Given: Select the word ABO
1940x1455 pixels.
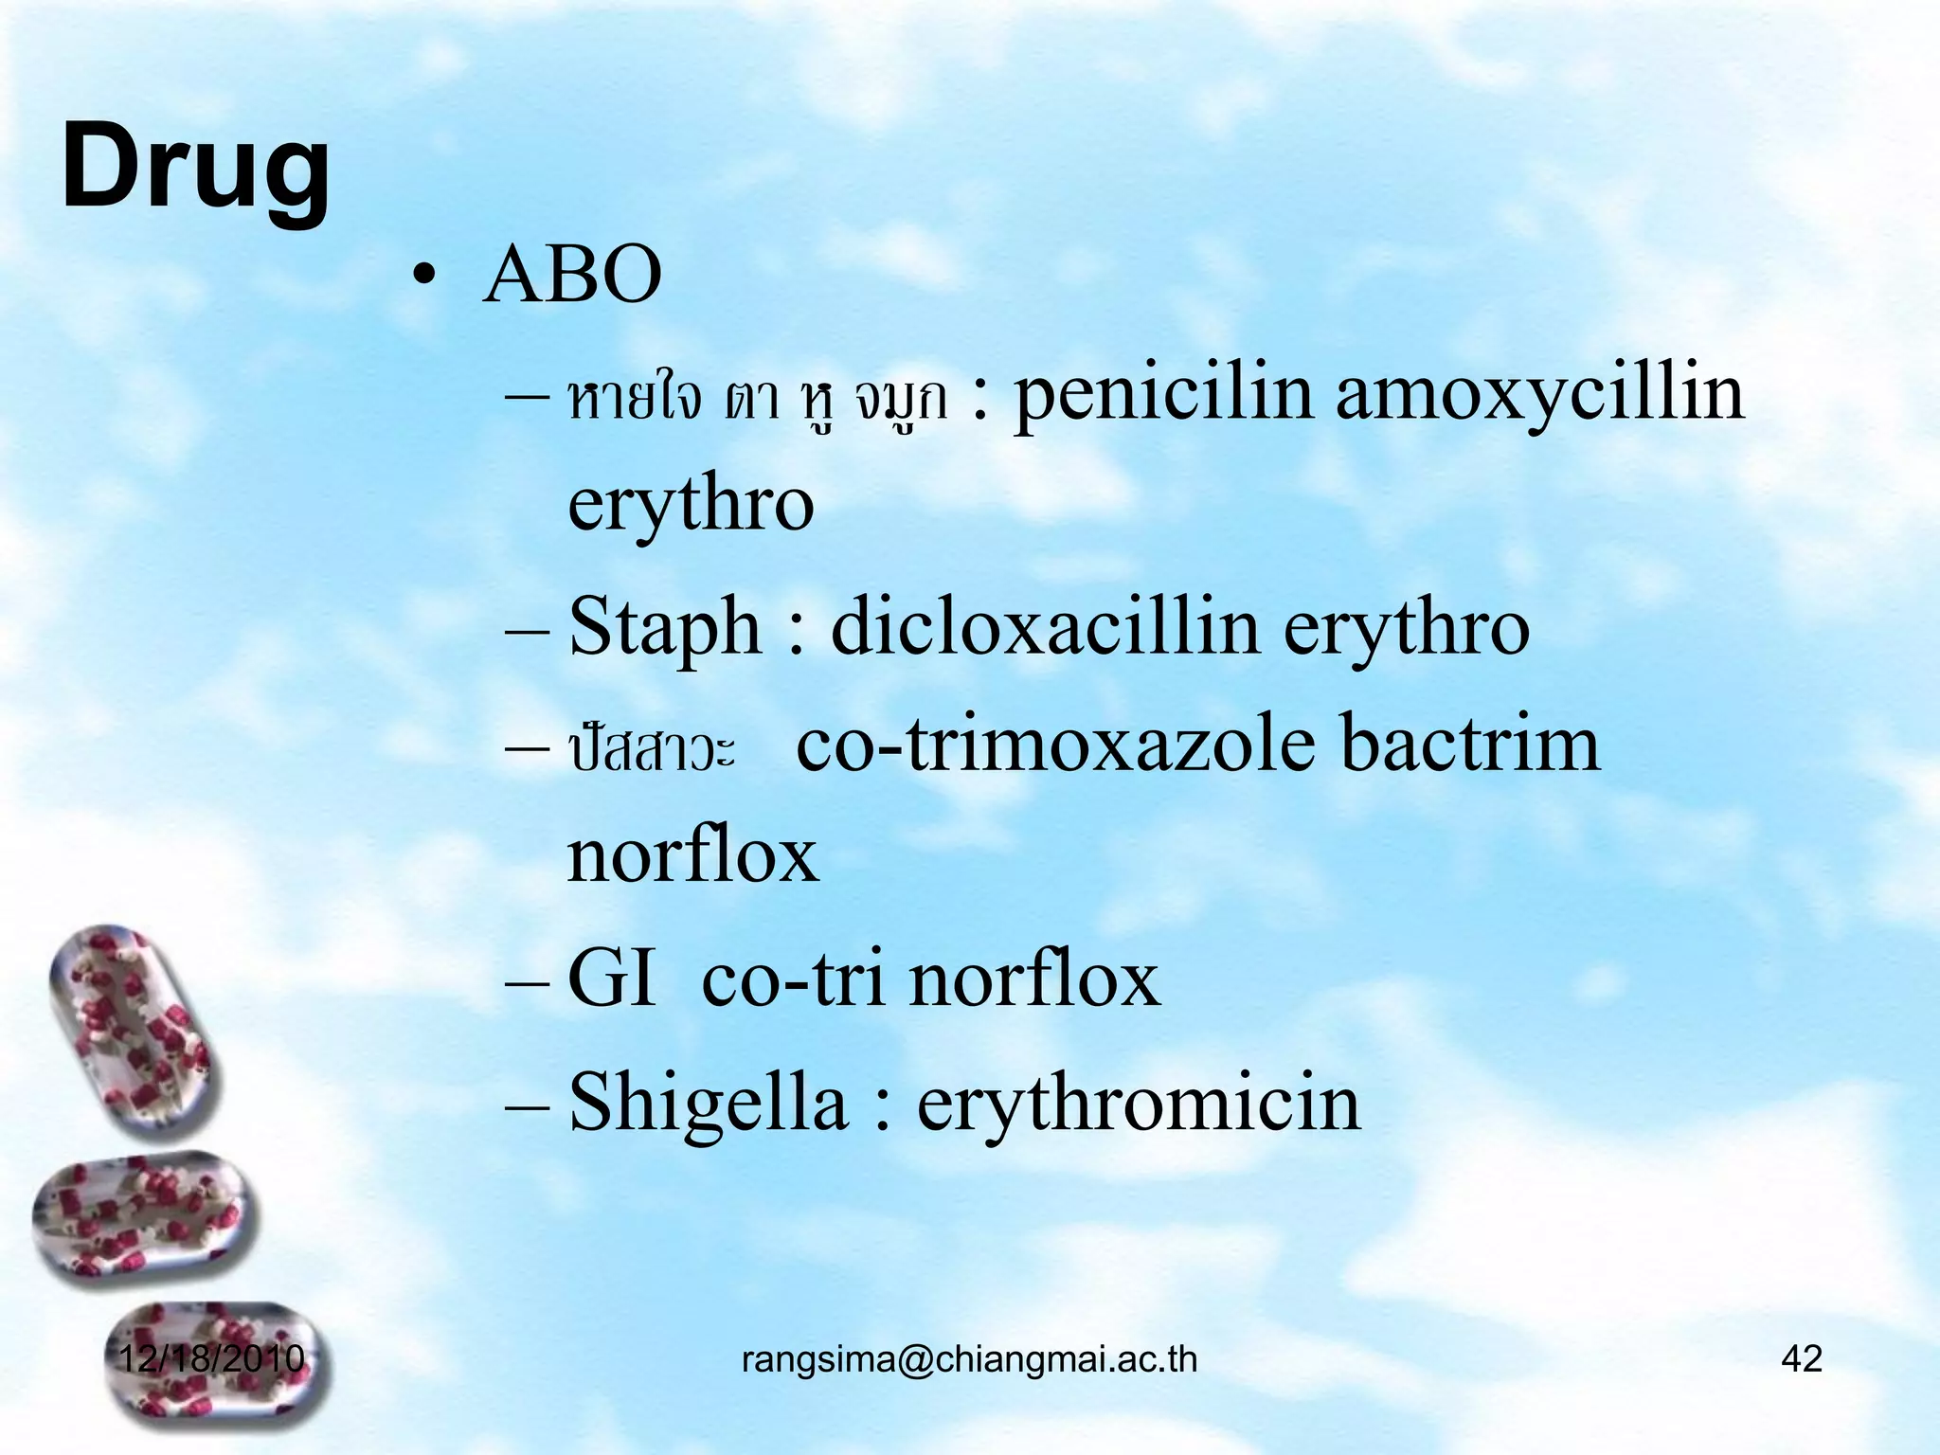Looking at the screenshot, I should (x=572, y=275).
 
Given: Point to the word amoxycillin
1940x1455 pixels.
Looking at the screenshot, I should (x=1539, y=396).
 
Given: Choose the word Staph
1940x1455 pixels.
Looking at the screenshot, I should (x=665, y=627).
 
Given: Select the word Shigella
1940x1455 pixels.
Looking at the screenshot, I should (x=708, y=1104).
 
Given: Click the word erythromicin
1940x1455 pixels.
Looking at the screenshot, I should (x=1139, y=1104).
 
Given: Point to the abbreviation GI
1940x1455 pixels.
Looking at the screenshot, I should (x=611, y=980).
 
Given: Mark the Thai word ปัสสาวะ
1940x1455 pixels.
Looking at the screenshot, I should (x=652, y=750).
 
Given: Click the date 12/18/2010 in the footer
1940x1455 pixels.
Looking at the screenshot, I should (x=210, y=1358).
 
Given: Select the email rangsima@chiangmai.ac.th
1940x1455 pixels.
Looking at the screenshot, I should (x=969, y=1359).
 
